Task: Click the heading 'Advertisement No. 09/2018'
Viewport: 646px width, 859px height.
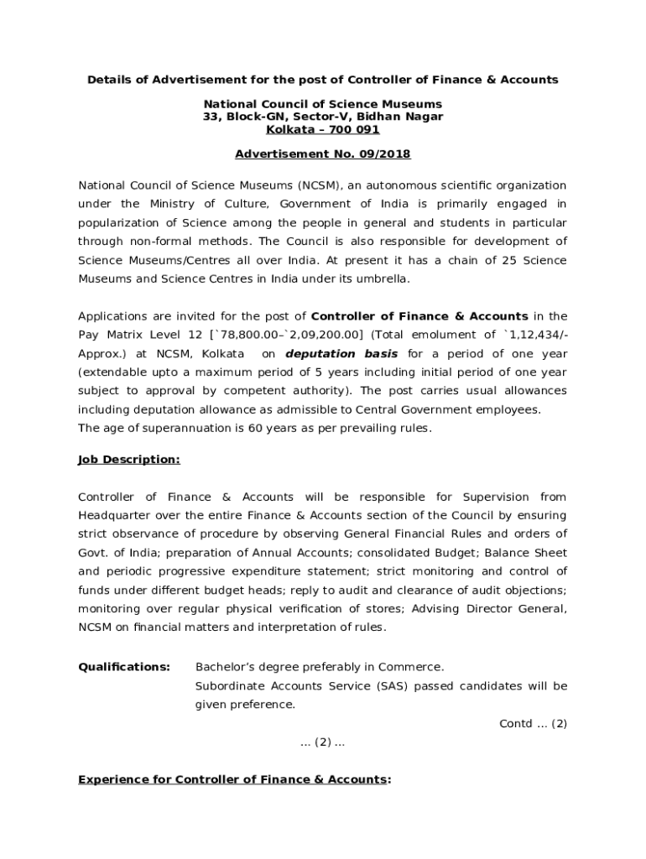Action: point(323,154)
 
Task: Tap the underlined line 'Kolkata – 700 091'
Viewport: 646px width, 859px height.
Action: point(323,129)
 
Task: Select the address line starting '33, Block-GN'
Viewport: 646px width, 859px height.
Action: point(323,117)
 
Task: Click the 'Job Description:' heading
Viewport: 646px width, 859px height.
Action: point(128,460)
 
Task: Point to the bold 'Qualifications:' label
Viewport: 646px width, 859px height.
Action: point(124,667)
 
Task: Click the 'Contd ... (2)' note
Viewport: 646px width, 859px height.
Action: point(533,723)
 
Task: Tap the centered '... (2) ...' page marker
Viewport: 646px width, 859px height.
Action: point(323,742)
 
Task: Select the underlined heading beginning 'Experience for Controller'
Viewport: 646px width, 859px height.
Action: point(234,779)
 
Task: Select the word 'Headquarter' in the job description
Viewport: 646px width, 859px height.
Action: point(115,515)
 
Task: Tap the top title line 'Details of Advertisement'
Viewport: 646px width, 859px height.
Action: point(323,80)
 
